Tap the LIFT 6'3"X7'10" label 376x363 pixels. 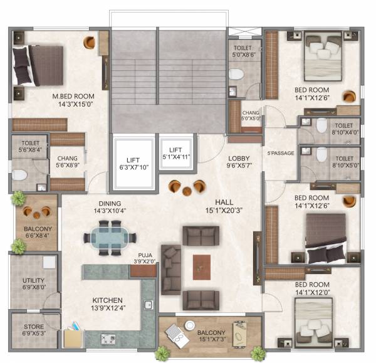click(132, 163)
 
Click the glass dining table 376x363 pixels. click(110, 238)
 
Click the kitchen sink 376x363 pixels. click(149, 305)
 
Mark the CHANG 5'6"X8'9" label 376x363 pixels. click(68, 162)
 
